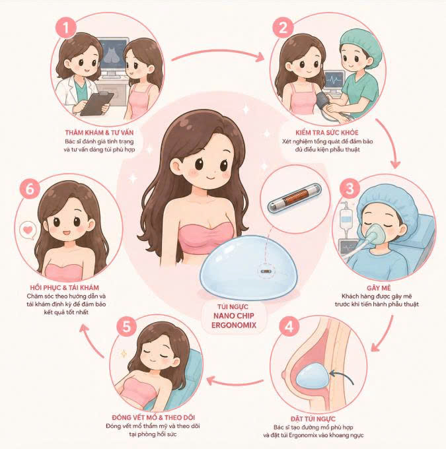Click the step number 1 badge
[x=66, y=28]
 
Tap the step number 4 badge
[x=289, y=326]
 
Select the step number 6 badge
[x=30, y=189]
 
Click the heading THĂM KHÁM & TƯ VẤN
[x=99, y=133]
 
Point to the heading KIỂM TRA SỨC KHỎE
[x=327, y=133]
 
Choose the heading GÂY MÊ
[x=379, y=288]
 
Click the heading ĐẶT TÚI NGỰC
[x=313, y=419]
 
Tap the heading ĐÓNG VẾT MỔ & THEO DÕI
[x=153, y=417]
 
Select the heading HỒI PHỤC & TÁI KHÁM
[x=65, y=287]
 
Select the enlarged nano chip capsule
[x=295, y=198]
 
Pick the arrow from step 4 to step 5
[x=235, y=382]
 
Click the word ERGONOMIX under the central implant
[x=234, y=326]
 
